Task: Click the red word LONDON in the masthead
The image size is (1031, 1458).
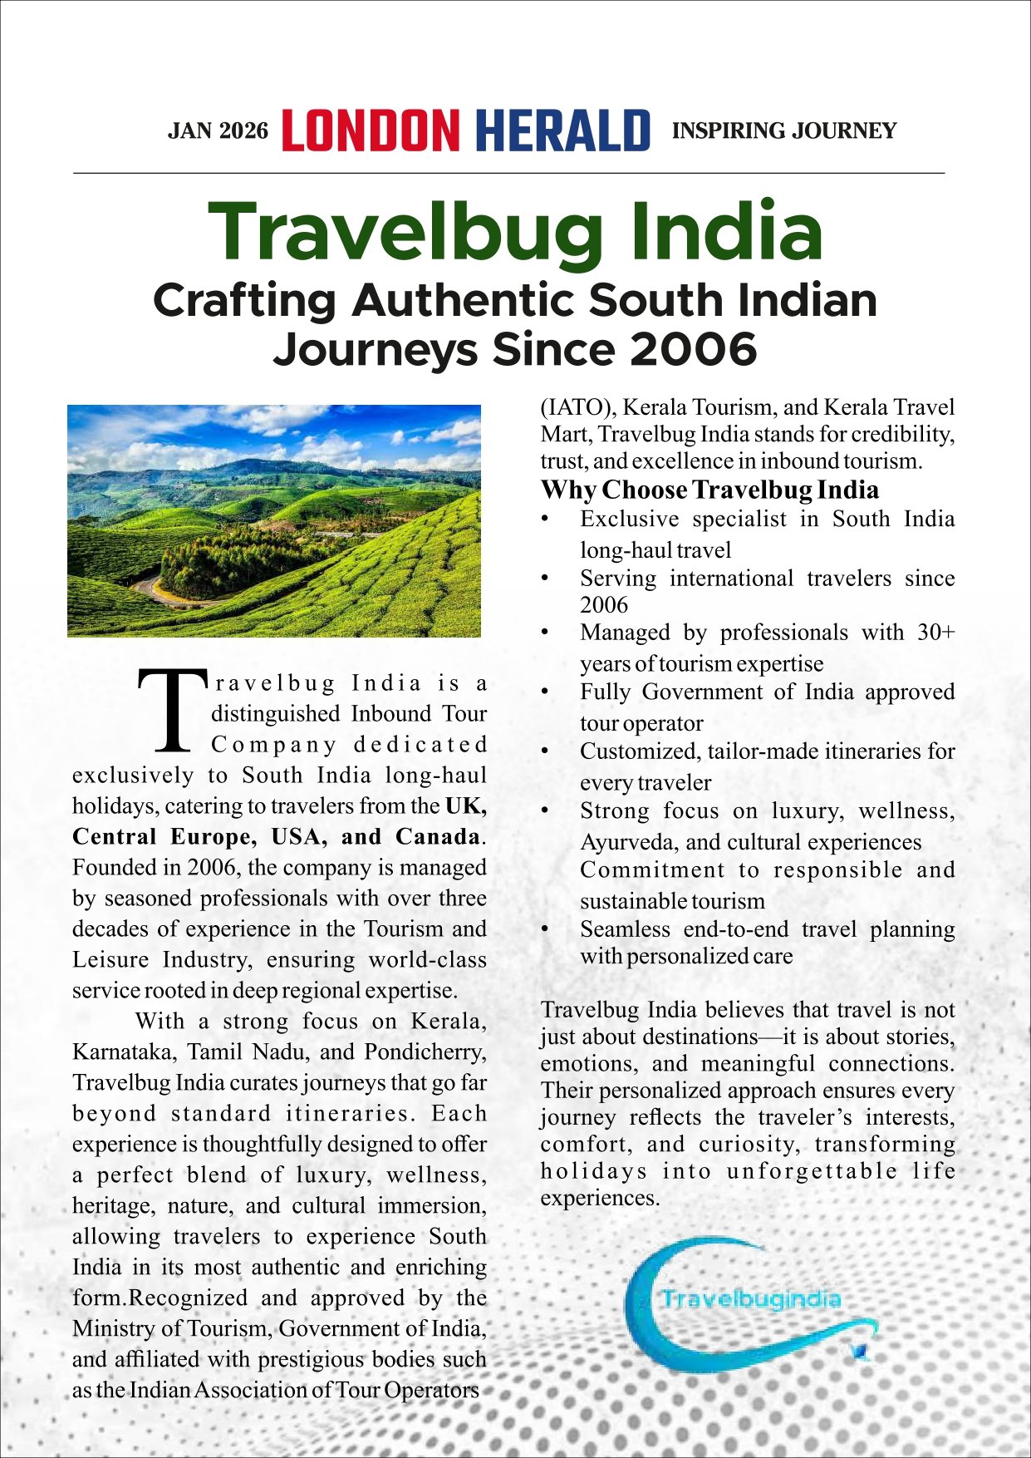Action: [x=370, y=131]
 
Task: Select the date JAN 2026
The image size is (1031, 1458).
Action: [x=218, y=131]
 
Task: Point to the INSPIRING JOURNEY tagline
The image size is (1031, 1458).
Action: [x=783, y=131]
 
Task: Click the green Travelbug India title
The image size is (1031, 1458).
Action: [x=515, y=231]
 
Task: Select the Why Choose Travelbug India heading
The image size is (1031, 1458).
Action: [x=709, y=490]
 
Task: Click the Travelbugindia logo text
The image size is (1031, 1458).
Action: [x=750, y=1299]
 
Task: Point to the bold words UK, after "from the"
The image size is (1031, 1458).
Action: [x=466, y=805]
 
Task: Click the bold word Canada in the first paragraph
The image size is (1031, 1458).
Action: [x=438, y=836]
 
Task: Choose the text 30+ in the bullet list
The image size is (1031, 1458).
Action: [x=935, y=633]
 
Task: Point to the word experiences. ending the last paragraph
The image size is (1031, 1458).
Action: [x=600, y=1198]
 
